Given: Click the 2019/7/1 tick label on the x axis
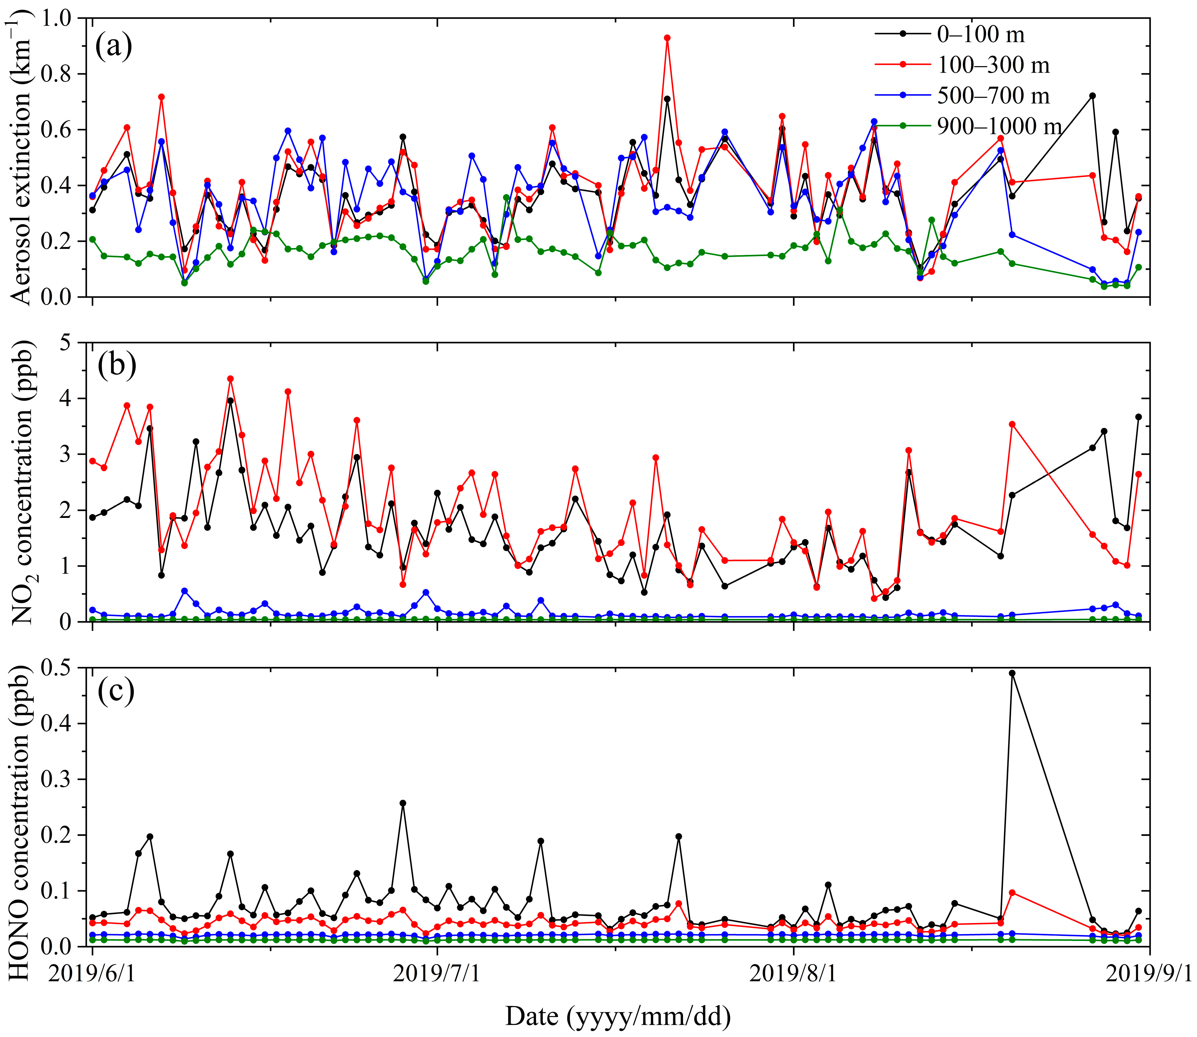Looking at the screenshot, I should point(437,974).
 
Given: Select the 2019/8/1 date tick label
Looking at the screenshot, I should point(793,974).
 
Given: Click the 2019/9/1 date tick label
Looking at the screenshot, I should point(1148,974).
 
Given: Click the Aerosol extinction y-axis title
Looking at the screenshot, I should point(22,157).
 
